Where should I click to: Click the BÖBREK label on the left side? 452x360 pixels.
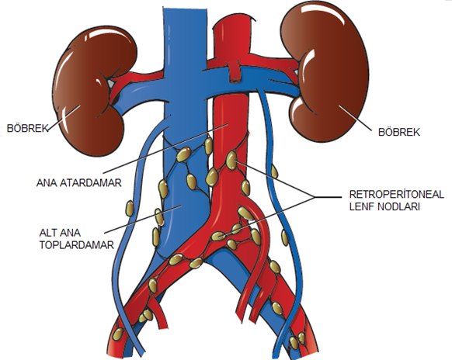(x=27, y=128)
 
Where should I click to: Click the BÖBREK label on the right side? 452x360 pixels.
(x=399, y=132)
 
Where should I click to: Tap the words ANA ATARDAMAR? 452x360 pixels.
(x=79, y=183)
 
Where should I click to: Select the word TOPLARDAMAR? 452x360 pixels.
(x=77, y=245)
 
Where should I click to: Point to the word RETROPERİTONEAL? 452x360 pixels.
(x=396, y=195)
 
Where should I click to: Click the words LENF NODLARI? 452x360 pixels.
(x=384, y=207)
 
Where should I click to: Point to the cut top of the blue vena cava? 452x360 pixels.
(x=185, y=9)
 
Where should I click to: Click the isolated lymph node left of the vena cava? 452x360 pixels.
(x=130, y=209)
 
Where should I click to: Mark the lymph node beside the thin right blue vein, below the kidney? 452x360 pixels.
(x=274, y=171)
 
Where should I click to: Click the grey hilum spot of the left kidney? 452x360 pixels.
(x=111, y=83)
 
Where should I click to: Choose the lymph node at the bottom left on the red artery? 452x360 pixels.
(x=117, y=334)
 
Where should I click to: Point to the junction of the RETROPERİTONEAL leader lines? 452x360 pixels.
(x=314, y=197)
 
